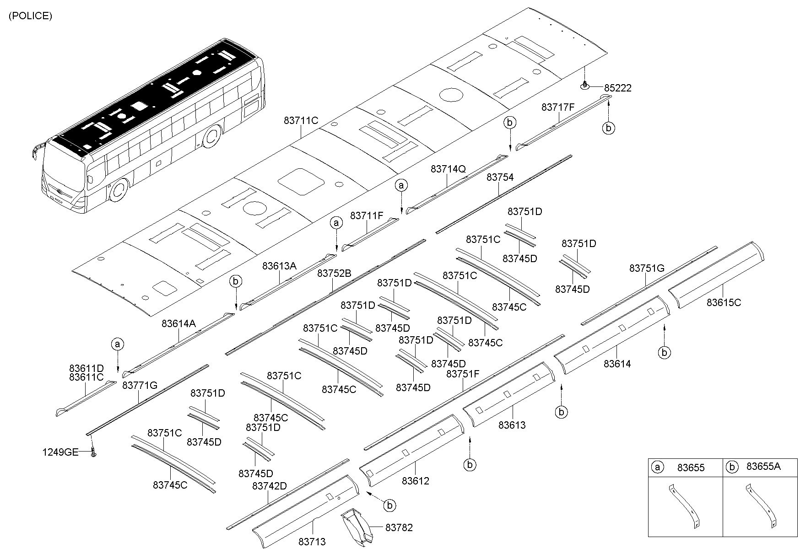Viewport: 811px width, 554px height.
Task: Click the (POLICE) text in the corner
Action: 30,16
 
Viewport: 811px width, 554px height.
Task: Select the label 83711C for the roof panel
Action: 301,121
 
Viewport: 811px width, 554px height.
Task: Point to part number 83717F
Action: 557,108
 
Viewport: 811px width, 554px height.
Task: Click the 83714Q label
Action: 448,169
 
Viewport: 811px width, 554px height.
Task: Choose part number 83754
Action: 500,177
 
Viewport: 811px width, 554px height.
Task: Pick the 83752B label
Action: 334,274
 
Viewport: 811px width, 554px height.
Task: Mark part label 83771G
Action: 140,385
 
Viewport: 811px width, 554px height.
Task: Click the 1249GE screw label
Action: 60,452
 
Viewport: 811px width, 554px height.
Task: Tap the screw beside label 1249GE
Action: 94,452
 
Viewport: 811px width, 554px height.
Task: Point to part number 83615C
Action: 724,302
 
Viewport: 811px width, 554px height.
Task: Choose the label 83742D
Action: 269,486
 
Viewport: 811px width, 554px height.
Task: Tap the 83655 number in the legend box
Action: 691,467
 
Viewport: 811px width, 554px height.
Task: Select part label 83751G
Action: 646,269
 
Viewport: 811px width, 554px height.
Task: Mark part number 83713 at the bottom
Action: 312,542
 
